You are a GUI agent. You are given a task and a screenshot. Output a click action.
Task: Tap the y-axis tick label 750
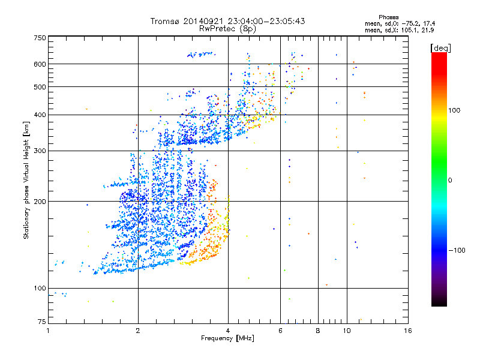coord(39,38)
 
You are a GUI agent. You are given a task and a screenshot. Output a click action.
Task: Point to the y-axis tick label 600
coord(39,64)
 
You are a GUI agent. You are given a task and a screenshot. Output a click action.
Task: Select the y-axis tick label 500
coord(39,87)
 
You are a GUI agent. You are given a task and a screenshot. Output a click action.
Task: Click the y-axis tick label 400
coord(39,115)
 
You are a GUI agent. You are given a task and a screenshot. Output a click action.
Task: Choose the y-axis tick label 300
coord(39,151)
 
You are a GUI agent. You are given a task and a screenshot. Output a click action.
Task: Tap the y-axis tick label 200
coord(39,202)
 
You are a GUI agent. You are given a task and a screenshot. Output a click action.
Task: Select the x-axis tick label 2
coord(138,331)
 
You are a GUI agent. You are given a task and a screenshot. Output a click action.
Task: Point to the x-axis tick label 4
coord(228,331)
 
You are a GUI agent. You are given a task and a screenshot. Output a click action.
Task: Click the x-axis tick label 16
coord(407,331)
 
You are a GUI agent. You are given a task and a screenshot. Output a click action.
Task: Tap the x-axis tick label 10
coord(346,331)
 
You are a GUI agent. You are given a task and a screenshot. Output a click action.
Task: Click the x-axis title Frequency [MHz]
coord(227,339)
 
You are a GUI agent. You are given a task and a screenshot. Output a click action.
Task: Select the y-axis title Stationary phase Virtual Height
coord(27,180)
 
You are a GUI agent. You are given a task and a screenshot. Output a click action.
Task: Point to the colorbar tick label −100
coord(458,250)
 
